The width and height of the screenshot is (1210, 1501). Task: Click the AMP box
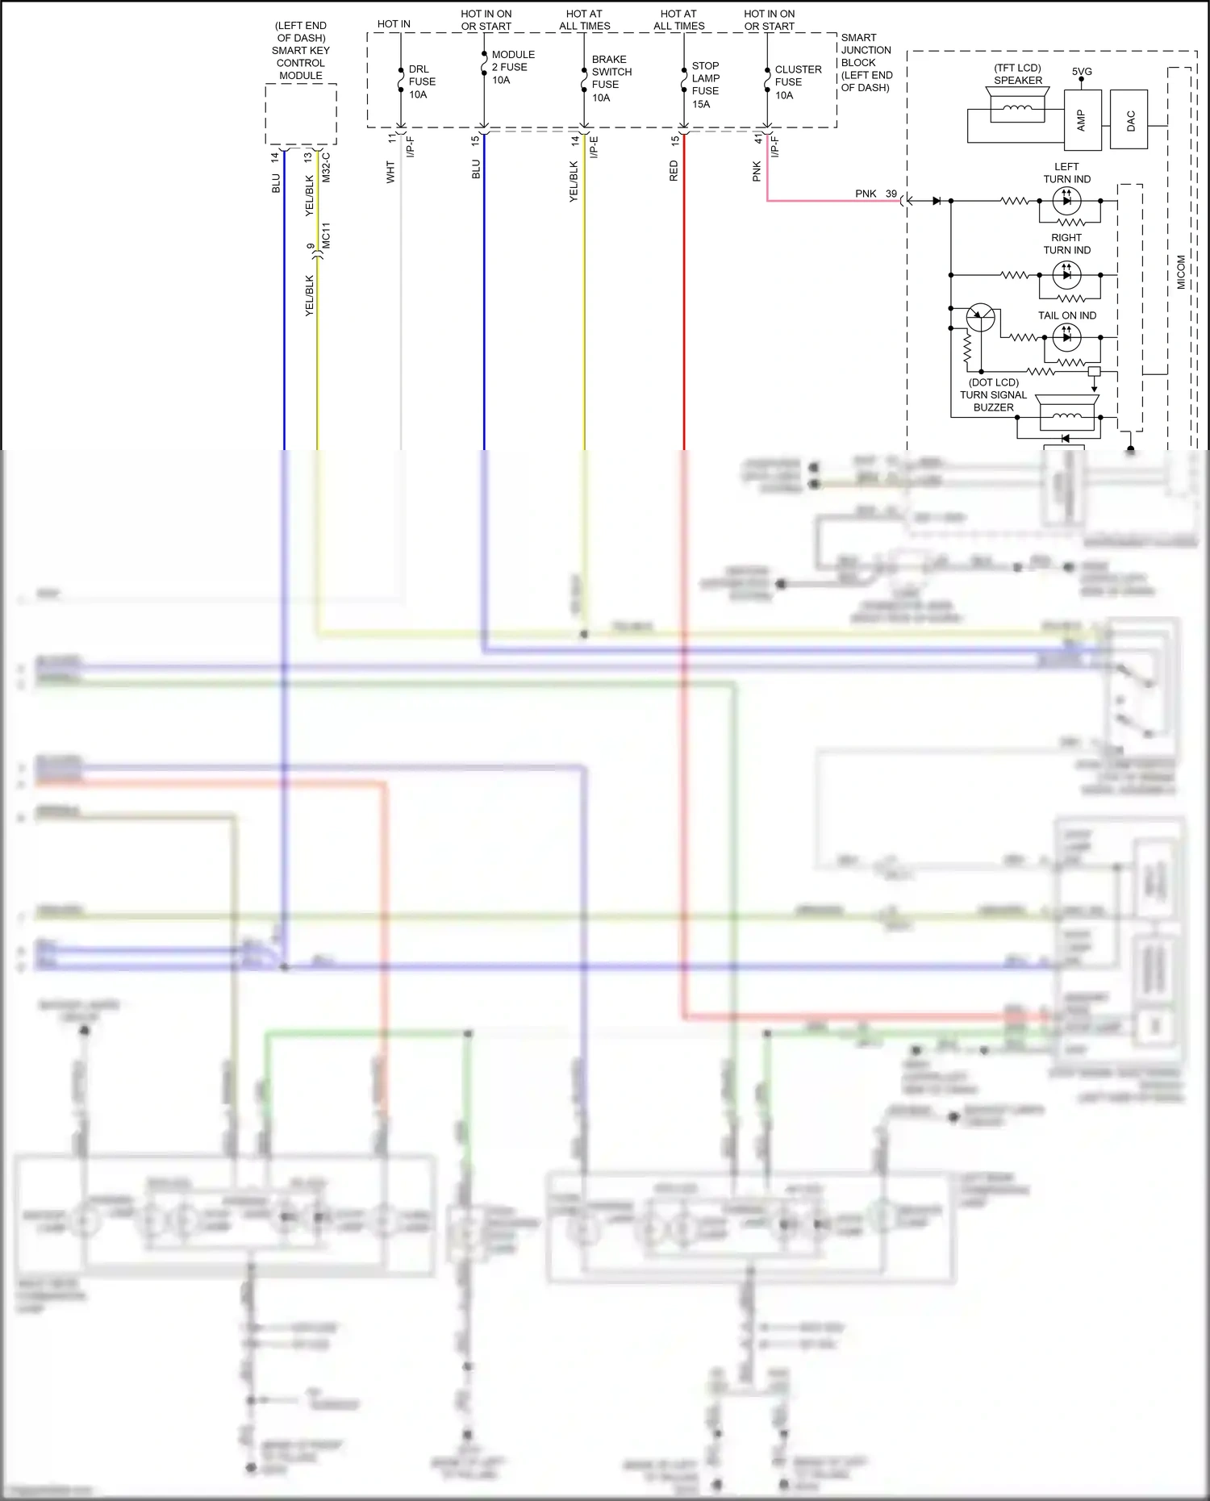(x=1083, y=120)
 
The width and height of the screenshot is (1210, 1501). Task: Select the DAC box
(x=1129, y=120)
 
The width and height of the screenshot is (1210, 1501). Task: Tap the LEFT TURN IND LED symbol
(x=1066, y=201)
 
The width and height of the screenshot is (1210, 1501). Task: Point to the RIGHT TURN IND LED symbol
(x=1066, y=275)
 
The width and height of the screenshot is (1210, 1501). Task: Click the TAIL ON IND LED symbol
(x=1066, y=337)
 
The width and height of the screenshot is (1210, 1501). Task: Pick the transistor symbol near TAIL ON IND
(x=980, y=318)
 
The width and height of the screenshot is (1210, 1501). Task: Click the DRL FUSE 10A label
(x=421, y=81)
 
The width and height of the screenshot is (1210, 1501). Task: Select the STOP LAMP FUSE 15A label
(x=705, y=85)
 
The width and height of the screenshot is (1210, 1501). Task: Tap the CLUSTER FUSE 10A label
(x=797, y=82)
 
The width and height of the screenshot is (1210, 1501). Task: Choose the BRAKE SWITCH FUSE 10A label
(x=611, y=78)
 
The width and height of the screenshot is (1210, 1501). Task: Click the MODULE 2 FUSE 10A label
(x=512, y=67)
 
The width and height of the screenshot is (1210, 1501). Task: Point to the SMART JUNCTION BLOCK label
(x=866, y=62)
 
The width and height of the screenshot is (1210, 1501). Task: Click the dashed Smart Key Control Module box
(x=301, y=114)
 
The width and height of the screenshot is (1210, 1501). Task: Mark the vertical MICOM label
(x=1181, y=273)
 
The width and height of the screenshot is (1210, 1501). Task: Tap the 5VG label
(x=1082, y=71)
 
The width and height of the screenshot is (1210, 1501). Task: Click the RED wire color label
(x=674, y=171)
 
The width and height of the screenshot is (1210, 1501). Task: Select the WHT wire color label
(x=390, y=172)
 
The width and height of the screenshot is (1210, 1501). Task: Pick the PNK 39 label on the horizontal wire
(x=875, y=194)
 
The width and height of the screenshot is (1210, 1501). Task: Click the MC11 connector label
(x=326, y=236)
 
